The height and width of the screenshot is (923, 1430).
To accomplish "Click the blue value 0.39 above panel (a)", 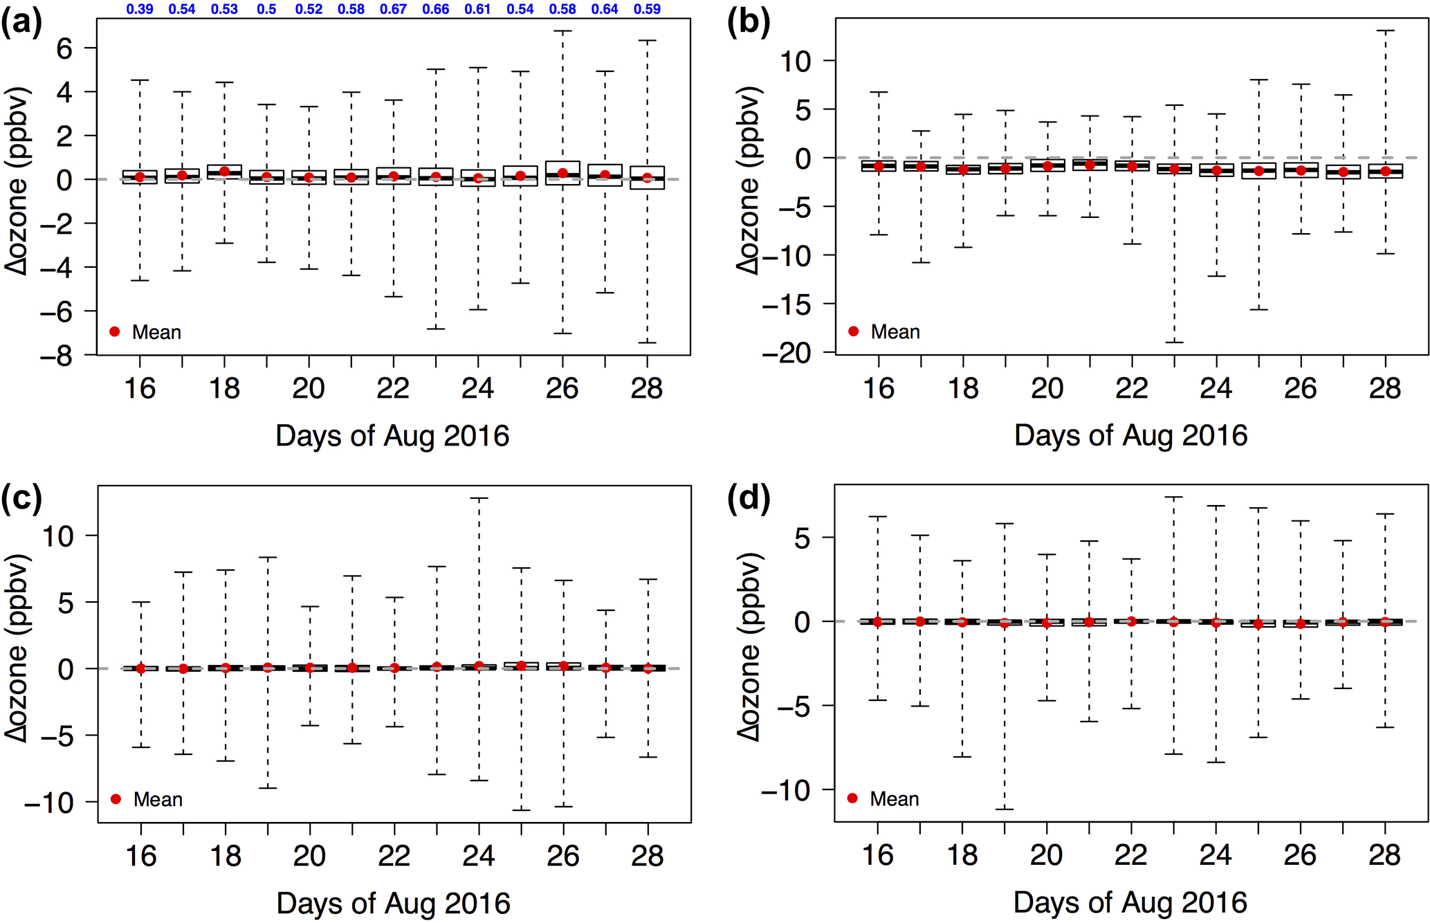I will pos(140,9).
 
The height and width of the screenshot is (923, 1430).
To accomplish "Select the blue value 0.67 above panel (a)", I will pos(394,9).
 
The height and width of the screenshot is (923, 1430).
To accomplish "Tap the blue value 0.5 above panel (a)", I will pos(266,9).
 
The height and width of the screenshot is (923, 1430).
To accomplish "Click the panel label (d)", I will pos(749,498).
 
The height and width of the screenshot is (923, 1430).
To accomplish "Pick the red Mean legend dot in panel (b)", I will pos(853,331).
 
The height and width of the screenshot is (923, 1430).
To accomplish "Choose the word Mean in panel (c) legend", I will pos(158,800).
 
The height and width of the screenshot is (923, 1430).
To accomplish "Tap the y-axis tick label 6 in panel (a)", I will pos(64,48).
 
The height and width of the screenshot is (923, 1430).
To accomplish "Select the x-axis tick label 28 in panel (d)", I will pos(1384,856).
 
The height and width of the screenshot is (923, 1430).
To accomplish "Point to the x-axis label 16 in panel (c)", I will pos(140,857).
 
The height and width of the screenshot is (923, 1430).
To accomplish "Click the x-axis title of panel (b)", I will pos(1130,435).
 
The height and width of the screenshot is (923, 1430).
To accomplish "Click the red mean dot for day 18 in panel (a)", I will pos(224,172).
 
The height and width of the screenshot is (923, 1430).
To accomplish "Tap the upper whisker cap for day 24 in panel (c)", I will pos(479,498).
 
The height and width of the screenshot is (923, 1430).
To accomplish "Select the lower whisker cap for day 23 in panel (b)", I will pos(1174,342).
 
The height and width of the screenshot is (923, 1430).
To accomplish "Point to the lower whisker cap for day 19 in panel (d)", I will pos(1005,809).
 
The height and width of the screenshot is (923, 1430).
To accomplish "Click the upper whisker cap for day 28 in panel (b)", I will pos(1385,30).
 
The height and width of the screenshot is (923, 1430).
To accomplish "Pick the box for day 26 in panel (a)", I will pos(562,173).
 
